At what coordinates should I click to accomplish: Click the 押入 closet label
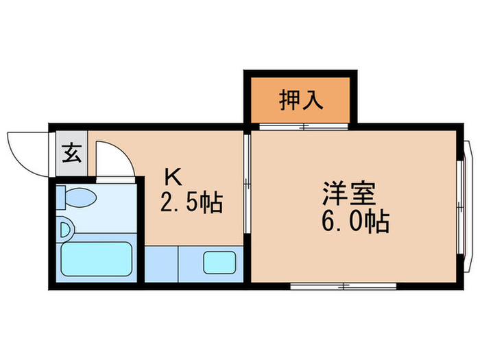300,100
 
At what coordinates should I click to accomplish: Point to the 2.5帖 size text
191,203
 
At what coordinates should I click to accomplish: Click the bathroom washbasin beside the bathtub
64,228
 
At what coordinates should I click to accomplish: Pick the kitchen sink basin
219,263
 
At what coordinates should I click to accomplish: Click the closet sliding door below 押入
302,127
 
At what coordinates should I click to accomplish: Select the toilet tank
60,197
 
